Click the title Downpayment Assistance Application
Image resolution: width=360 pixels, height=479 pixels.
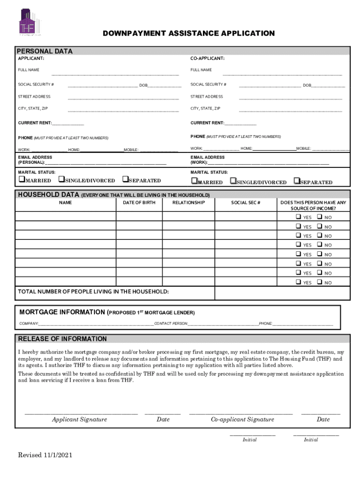(x=189, y=33)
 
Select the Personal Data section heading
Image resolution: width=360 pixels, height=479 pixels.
(x=45, y=51)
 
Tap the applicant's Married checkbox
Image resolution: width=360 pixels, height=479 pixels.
(x=21, y=180)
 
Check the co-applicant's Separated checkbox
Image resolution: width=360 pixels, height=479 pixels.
(x=296, y=181)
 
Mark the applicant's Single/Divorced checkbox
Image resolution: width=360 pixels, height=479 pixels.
(x=61, y=180)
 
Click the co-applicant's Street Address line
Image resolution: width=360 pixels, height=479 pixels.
(x=290, y=98)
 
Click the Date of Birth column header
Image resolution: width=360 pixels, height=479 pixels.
(x=139, y=203)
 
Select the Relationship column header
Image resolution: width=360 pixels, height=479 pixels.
(x=188, y=203)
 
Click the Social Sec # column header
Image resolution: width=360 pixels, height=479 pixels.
(x=246, y=203)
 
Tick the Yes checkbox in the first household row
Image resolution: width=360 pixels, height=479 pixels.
(x=298, y=217)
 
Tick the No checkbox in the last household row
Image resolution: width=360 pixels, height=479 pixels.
(x=319, y=282)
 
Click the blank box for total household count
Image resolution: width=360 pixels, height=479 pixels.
(x=282, y=292)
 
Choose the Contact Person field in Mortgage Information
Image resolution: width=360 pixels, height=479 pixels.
(x=223, y=323)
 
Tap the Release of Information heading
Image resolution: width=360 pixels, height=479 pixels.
(x=62, y=339)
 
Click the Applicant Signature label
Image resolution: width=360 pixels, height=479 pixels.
(x=79, y=419)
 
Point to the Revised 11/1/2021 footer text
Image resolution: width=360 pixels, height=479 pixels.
(x=45, y=455)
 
